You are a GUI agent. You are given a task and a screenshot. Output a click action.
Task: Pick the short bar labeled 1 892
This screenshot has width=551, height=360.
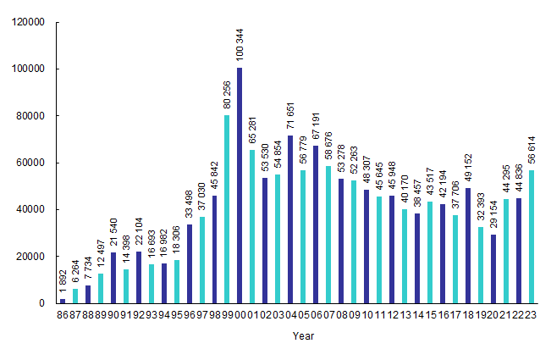tap(63, 301)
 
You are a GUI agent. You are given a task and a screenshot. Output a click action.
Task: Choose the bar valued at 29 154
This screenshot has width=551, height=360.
tap(494, 269)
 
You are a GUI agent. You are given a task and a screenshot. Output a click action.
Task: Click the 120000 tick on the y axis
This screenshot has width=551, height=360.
tap(27, 23)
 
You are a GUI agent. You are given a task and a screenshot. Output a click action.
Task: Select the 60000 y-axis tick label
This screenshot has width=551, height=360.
tap(30, 163)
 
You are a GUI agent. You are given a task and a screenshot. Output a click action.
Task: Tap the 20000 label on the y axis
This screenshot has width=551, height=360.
tap(30, 257)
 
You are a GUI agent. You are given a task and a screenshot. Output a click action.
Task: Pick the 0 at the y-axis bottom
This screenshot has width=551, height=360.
tap(41, 303)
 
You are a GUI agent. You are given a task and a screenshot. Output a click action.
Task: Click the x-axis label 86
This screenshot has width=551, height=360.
tap(63, 314)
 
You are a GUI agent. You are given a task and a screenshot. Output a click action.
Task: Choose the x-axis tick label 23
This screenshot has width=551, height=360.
tap(532, 314)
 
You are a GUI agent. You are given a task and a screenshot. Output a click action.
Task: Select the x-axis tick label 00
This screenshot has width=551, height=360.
tap(240, 314)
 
